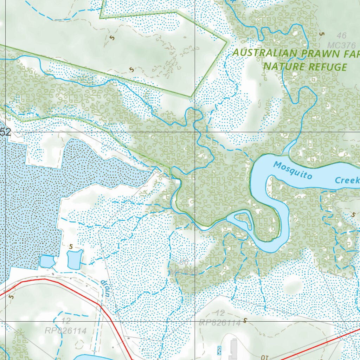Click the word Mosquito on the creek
click(x=292, y=170)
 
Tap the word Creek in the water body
click(x=347, y=180)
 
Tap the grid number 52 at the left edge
click(x=6, y=133)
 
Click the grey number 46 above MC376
click(x=341, y=36)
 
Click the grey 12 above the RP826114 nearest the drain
click(x=66, y=321)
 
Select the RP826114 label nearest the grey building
click(x=220, y=323)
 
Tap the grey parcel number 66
click(x=184, y=262)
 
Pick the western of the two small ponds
click(x=47, y=262)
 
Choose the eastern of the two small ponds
click(x=75, y=259)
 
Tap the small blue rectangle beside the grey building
click(x=220, y=350)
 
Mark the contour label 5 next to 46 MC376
click(x=321, y=34)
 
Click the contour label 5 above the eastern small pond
click(x=71, y=247)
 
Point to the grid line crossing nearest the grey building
click(x=195, y=321)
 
